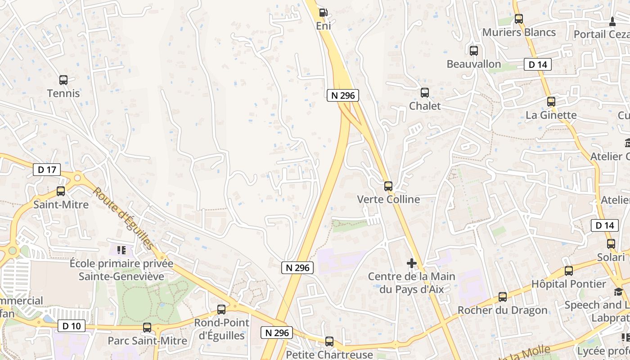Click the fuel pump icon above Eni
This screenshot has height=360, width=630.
[323, 12]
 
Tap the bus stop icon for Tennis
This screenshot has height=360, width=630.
[63, 80]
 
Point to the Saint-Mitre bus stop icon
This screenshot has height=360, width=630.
[61, 191]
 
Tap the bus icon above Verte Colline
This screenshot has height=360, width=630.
[388, 186]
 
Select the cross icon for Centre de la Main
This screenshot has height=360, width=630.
[412, 263]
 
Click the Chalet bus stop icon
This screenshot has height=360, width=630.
[425, 93]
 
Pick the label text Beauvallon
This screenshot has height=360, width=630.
[474, 64]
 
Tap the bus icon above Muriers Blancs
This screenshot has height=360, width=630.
[519, 19]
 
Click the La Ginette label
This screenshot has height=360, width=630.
[551, 115]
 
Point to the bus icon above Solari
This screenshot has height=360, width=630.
[611, 244]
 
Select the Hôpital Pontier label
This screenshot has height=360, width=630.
[569, 284]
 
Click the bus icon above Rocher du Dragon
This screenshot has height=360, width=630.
[503, 297]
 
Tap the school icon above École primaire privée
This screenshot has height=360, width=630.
[121, 250]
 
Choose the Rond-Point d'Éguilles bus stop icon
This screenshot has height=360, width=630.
[221, 310]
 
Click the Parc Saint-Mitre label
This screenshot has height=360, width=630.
[147, 341]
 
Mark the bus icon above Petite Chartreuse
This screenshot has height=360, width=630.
[329, 342]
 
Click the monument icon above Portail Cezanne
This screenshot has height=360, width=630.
[612, 21]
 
